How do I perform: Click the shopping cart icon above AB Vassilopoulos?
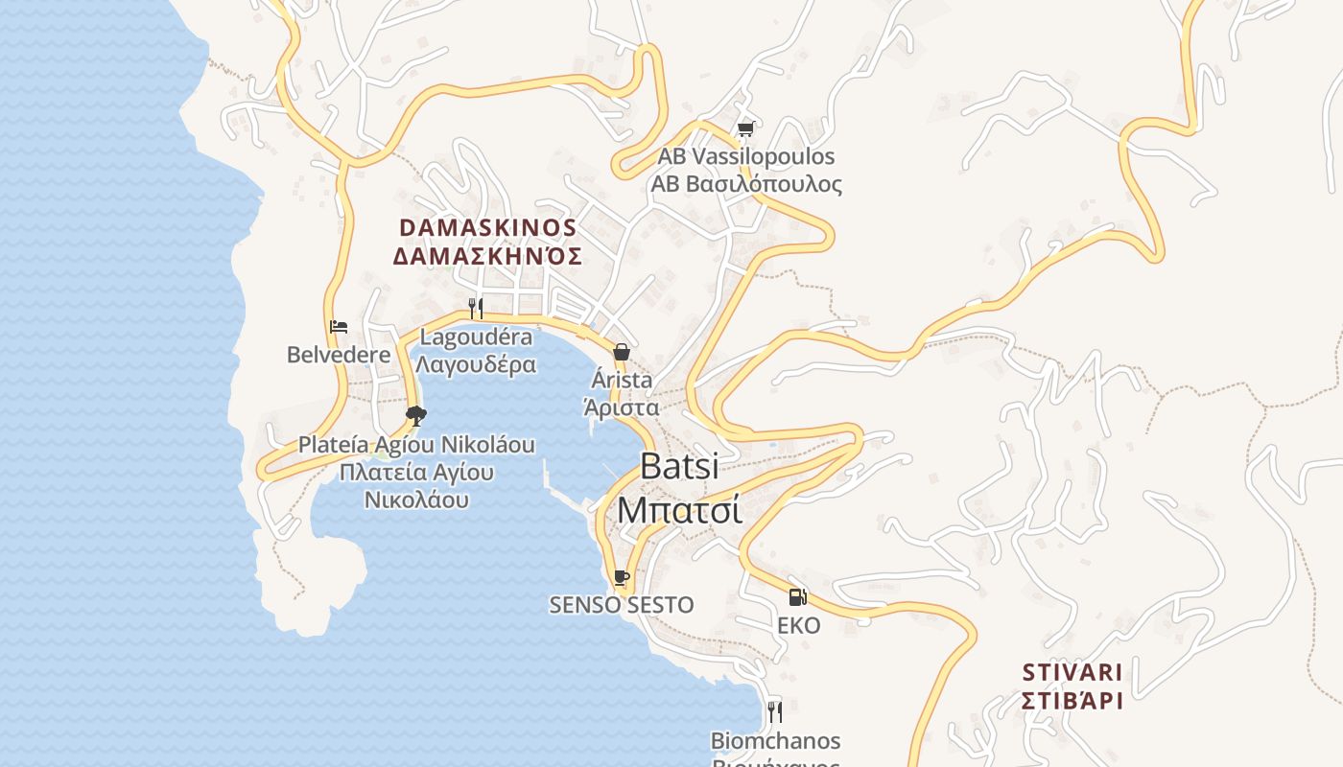745,128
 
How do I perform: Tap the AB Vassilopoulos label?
745,156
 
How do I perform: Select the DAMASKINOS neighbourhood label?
487,228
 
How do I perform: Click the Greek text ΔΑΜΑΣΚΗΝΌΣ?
487,257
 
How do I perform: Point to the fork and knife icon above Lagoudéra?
475,308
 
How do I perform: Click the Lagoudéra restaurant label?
477,337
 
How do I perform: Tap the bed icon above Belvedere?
339,327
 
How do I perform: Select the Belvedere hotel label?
339,355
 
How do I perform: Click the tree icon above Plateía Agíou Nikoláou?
415,415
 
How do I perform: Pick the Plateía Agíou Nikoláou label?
416,445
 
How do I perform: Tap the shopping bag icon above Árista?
622,352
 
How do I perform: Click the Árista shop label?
622,381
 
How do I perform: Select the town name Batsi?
679,466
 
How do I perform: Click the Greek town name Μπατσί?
679,509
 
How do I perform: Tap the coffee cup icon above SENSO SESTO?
622,577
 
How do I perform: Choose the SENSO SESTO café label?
622,605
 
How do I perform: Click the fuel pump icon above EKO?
797,597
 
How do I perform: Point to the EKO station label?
798,626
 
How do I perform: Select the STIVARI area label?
1072,671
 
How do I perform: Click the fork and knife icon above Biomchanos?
775,711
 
